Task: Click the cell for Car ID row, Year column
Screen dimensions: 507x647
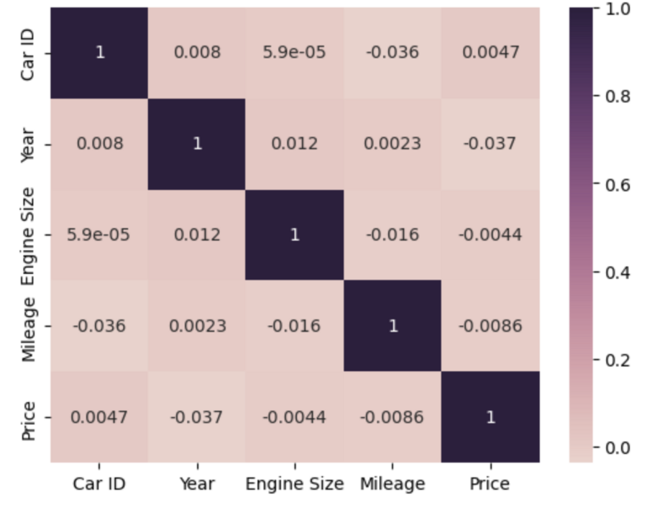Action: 197,52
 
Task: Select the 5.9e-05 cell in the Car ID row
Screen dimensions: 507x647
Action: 294,52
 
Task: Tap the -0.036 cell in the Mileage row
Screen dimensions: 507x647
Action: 99,326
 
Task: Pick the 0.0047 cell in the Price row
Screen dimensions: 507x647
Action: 99,417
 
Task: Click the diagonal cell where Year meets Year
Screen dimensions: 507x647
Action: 197,144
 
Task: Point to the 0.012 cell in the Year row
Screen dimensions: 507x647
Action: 294,144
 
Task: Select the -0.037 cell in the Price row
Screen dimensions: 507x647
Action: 197,417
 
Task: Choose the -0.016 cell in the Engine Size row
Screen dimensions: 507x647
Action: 392,235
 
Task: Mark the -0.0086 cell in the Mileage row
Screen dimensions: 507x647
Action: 490,326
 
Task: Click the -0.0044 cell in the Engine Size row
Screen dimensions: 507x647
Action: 490,235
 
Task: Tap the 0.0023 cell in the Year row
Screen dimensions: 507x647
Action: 392,144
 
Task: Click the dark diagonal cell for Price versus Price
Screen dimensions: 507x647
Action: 490,417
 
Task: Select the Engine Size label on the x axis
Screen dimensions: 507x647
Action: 294,484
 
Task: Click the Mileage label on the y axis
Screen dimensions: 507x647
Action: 28,326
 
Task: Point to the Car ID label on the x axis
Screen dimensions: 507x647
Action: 99,484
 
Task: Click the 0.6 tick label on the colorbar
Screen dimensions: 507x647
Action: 617,185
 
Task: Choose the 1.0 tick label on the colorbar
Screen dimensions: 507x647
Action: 617,9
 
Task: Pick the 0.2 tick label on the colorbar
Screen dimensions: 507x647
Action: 617,360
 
